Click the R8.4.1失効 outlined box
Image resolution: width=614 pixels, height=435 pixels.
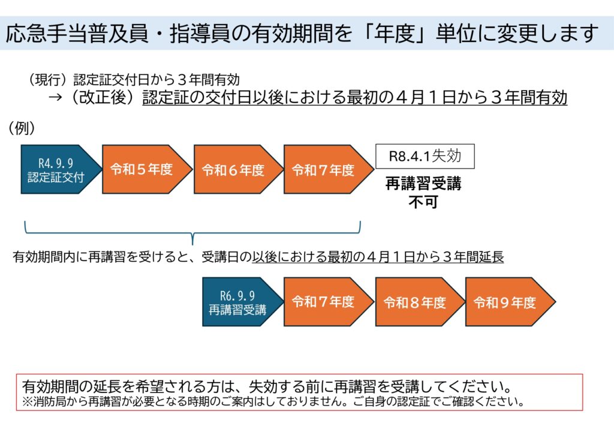(x=425, y=157)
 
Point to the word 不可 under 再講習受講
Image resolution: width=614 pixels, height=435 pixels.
(x=423, y=202)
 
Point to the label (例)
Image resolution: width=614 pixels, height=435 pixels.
(x=22, y=128)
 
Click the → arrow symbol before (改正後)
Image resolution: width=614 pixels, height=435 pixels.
(x=55, y=98)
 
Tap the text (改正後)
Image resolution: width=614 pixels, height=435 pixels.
(x=104, y=97)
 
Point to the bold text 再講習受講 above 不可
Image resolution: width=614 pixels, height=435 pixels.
(x=423, y=184)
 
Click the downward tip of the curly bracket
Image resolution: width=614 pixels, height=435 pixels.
(x=192, y=244)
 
